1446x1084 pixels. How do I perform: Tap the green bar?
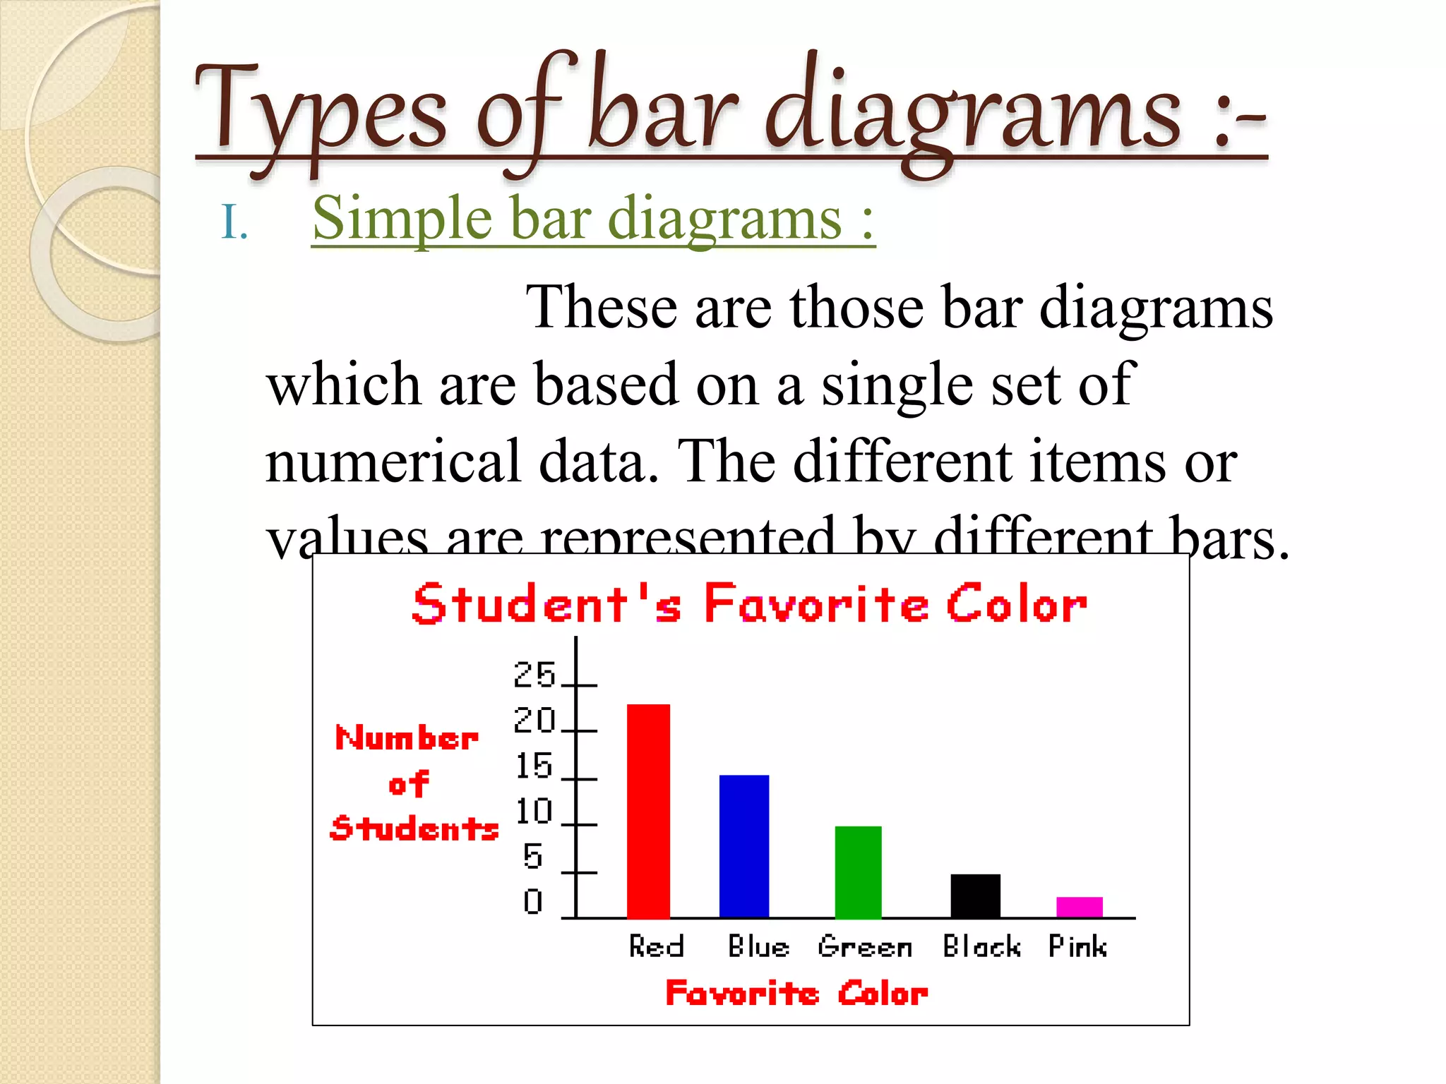858,872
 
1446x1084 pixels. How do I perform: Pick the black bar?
975,896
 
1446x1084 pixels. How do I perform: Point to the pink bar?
1079,907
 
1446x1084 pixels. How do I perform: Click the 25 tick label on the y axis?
534,675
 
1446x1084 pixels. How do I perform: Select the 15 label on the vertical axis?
534,766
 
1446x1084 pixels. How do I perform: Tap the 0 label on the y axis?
533,901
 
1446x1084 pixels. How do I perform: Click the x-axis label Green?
865,946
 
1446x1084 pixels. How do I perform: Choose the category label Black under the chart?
981,946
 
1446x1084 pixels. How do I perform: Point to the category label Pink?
1077,946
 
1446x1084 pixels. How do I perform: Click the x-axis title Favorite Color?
796,994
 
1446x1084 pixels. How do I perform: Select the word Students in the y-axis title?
414,828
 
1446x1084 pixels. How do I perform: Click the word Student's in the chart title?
547,604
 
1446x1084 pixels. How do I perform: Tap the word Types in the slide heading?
321,113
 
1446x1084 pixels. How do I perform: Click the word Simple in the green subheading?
402,218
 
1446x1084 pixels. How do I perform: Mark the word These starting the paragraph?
601,308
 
